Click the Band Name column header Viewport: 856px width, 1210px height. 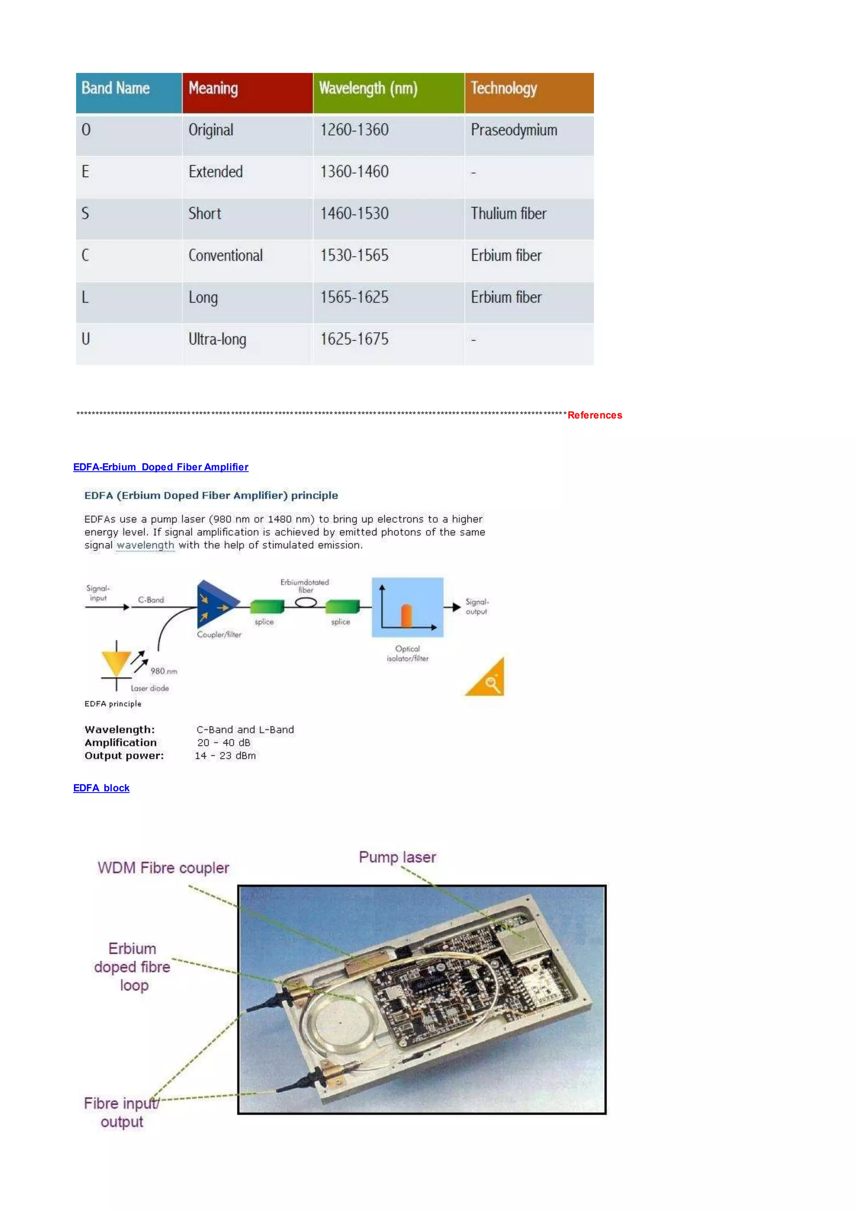click(115, 88)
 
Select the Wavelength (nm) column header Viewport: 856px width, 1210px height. click(368, 88)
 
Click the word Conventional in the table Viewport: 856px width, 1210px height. click(226, 256)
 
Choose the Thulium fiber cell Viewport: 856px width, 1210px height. click(508, 214)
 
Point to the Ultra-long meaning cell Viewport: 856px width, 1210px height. click(217, 339)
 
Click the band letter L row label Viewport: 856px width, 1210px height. click(85, 297)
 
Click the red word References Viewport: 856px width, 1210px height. click(595, 415)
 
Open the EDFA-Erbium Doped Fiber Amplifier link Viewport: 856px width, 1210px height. click(161, 467)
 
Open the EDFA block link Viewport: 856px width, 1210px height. click(101, 788)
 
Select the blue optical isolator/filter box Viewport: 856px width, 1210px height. click(408, 608)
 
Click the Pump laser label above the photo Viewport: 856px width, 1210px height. click(397, 857)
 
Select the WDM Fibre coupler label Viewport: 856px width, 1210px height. click(163, 868)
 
